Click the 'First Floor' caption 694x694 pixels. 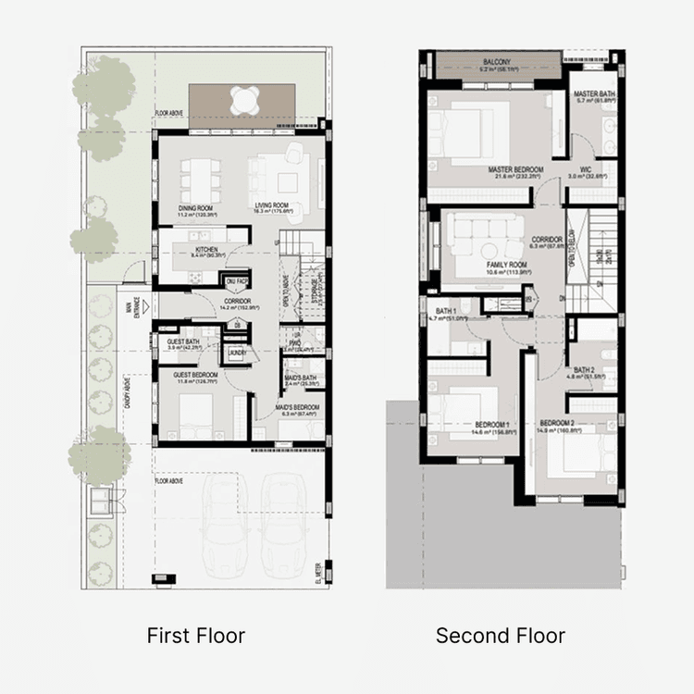(196, 636)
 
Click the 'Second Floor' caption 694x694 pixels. (500, 636)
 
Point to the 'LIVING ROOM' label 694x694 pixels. (274, 205)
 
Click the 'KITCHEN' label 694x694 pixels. (204, 251)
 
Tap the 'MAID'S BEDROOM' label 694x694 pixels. (297, 408)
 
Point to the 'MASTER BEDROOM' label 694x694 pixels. (515, 169)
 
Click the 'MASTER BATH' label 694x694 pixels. (592, 95)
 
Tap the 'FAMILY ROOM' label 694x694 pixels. (480, 264)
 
